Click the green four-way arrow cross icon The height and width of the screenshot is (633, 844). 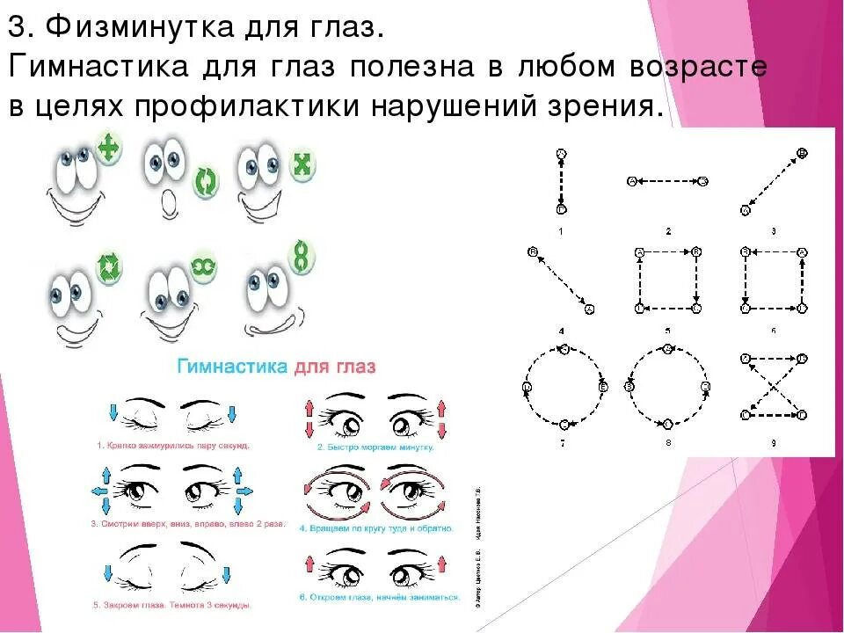(108, 149)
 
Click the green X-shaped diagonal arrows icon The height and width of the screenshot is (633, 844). (302, 164)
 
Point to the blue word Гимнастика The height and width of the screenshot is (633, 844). (231, 366)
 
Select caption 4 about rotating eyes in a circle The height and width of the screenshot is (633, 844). (375, 528)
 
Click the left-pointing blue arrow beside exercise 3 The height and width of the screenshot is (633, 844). (95, 489)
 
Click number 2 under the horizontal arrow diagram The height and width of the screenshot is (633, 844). (668, 230)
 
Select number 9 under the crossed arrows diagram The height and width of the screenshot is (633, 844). (773, 443)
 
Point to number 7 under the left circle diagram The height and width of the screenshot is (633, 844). (563, 443)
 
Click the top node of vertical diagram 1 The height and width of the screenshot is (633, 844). (561, 154)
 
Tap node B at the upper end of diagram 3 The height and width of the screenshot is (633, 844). (801, 153)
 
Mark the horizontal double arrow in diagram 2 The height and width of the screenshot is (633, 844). (668, 181)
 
